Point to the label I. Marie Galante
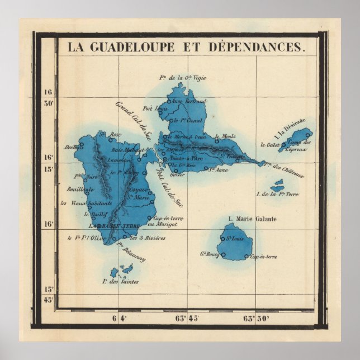pos(252,219)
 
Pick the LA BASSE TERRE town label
pos(111,226)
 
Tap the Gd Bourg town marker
pos(223,255)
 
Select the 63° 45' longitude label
pos(187,319)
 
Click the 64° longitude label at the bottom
pos(120,319)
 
